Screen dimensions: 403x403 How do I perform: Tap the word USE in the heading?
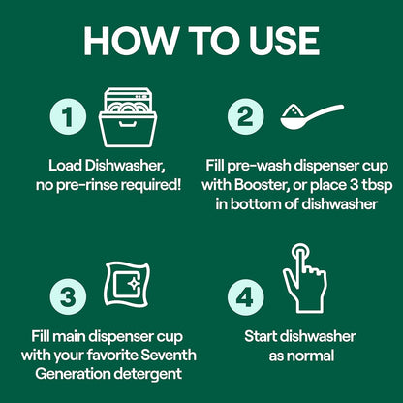(284, 41)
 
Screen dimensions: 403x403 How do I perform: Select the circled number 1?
(68, 116)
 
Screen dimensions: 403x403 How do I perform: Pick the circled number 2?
(245, 116)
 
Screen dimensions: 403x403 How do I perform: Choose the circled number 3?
(68, 296)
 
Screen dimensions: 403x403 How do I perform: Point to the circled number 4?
(245, 296)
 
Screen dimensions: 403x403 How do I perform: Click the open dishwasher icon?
(128, 117)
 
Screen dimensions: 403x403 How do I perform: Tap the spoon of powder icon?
(312, 117)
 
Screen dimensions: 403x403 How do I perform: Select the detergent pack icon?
(127, 285)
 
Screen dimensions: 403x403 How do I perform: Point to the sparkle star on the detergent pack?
(133, 284)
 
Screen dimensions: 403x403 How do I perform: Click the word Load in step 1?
(65, 166)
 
